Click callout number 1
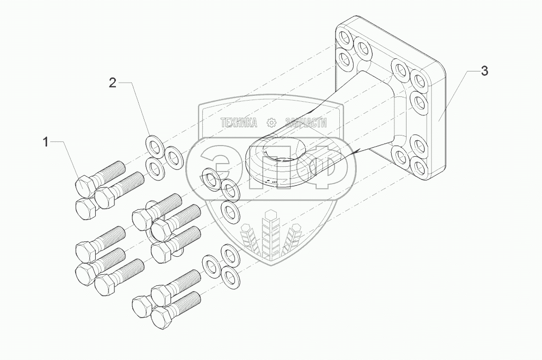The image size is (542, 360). click(x=46, y=141)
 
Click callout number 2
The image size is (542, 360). click(x=112, y=82)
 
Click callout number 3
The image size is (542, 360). click(x=484, y=71)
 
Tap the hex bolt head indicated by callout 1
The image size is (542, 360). click(x=85, y=186)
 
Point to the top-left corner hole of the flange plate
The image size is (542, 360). click(x=346, y=38)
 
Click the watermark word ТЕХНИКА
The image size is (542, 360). click(x=239, y=123)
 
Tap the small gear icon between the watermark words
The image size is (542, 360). click(x=272, y=123)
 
